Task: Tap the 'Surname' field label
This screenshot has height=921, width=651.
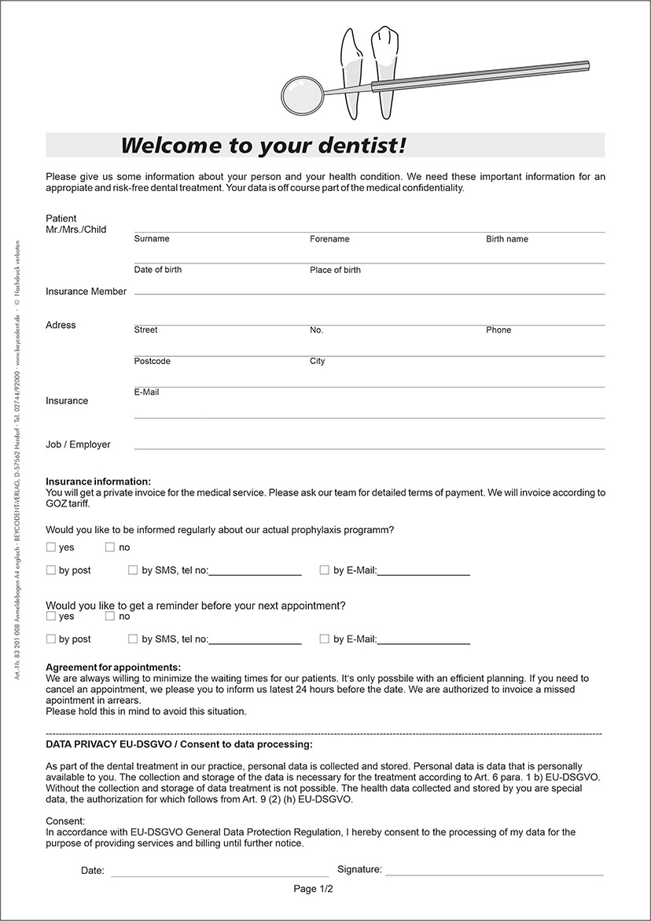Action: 152,238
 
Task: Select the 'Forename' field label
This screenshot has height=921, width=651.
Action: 329,238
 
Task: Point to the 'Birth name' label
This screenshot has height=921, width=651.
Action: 507,238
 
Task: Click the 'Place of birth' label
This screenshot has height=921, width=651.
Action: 335,270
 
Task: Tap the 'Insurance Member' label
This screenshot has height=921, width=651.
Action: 86,291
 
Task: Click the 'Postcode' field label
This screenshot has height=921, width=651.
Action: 152,361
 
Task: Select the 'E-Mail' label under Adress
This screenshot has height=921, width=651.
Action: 146,392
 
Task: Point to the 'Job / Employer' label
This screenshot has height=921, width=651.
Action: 78,444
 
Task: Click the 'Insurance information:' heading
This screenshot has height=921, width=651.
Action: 98,481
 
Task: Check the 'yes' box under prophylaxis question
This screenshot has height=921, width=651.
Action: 51,547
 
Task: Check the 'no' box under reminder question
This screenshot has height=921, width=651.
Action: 110,617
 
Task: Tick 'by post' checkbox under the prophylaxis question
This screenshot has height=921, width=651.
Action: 51,570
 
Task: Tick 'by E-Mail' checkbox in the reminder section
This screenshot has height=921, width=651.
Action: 325,639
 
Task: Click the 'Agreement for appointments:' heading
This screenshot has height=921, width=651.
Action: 113,667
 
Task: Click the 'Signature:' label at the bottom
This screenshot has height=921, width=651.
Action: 359,869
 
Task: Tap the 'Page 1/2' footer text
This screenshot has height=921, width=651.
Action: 314,889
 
